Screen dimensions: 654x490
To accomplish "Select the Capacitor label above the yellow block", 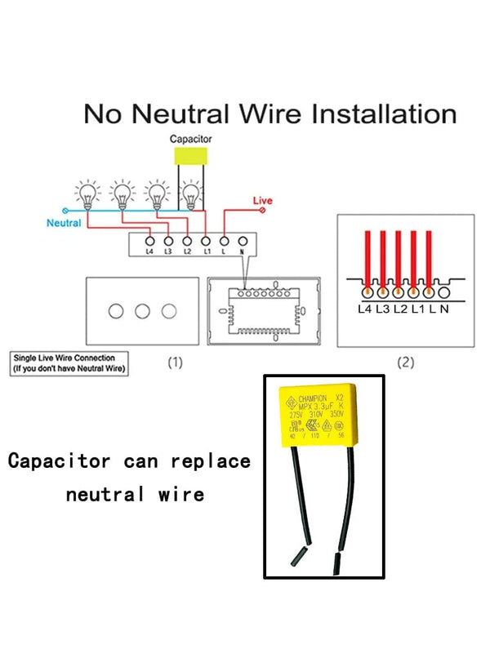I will click(x=191, y=140).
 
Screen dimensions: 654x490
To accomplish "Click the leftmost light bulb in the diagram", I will click(x=86, y=195).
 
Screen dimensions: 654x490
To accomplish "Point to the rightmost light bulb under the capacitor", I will click(x=191, y=195).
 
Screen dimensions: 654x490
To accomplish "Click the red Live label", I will click(x=263, y=201).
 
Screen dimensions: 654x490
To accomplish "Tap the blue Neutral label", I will click(x=64, y=223).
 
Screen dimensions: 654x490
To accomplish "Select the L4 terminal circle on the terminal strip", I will click(x=149, y=240).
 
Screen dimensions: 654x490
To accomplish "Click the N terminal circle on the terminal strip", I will click(x=243, y=240).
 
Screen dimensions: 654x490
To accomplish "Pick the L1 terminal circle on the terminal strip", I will click(x=206, y=240).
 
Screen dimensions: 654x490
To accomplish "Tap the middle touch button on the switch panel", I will click(x=143, y=311).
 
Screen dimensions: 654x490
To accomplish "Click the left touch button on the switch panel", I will click(x=117, y=311).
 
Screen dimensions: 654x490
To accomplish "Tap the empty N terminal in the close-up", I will click(x=444, y=291).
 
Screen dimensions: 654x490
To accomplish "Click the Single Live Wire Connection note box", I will click(x=69, y=363).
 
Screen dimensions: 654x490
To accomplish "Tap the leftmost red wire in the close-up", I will click(x=367, y=260).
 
